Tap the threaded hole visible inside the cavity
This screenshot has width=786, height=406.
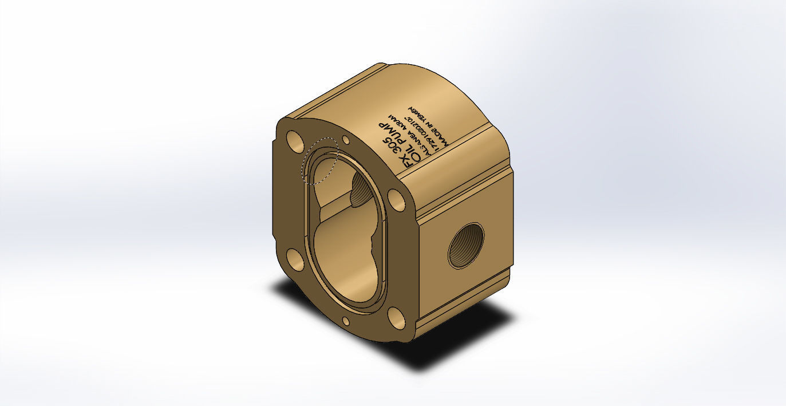(x=361, y=191)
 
